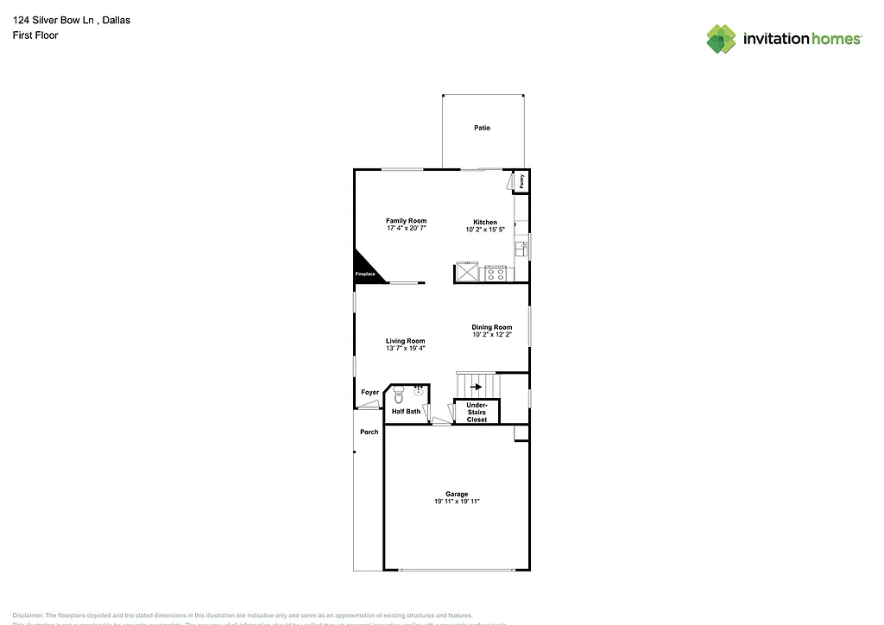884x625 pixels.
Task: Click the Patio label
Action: coord(482,128)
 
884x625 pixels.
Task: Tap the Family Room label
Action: coord(406,221)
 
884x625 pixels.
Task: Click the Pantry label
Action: coord(521,182)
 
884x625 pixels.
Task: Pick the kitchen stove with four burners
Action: coord(496,274)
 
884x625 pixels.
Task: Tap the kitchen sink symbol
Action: coord(521,249)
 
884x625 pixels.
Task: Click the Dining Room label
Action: coord(491,327)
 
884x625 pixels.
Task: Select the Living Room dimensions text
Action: coord(405,349)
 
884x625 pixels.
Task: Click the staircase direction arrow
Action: coord(476,387)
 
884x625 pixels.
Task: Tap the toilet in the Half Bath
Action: coord(398,397)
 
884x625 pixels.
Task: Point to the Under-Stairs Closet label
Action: coord(477,412)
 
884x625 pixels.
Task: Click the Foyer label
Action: coord(369,393)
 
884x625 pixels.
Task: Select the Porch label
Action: coord(369,432)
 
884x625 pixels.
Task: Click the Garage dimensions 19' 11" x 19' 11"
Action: coord(457,502)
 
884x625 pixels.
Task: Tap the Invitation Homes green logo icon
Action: coord(722,39)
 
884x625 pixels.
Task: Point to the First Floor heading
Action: coord(35,35)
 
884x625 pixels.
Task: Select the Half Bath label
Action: coord(406,412)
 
